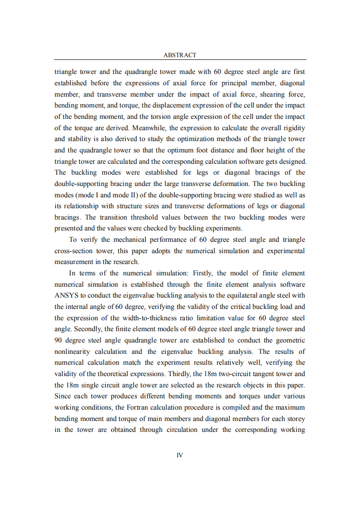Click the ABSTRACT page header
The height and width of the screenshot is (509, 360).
point(180,55)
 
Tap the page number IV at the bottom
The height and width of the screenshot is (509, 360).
point(180,455)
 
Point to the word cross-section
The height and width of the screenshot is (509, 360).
point(73,251)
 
